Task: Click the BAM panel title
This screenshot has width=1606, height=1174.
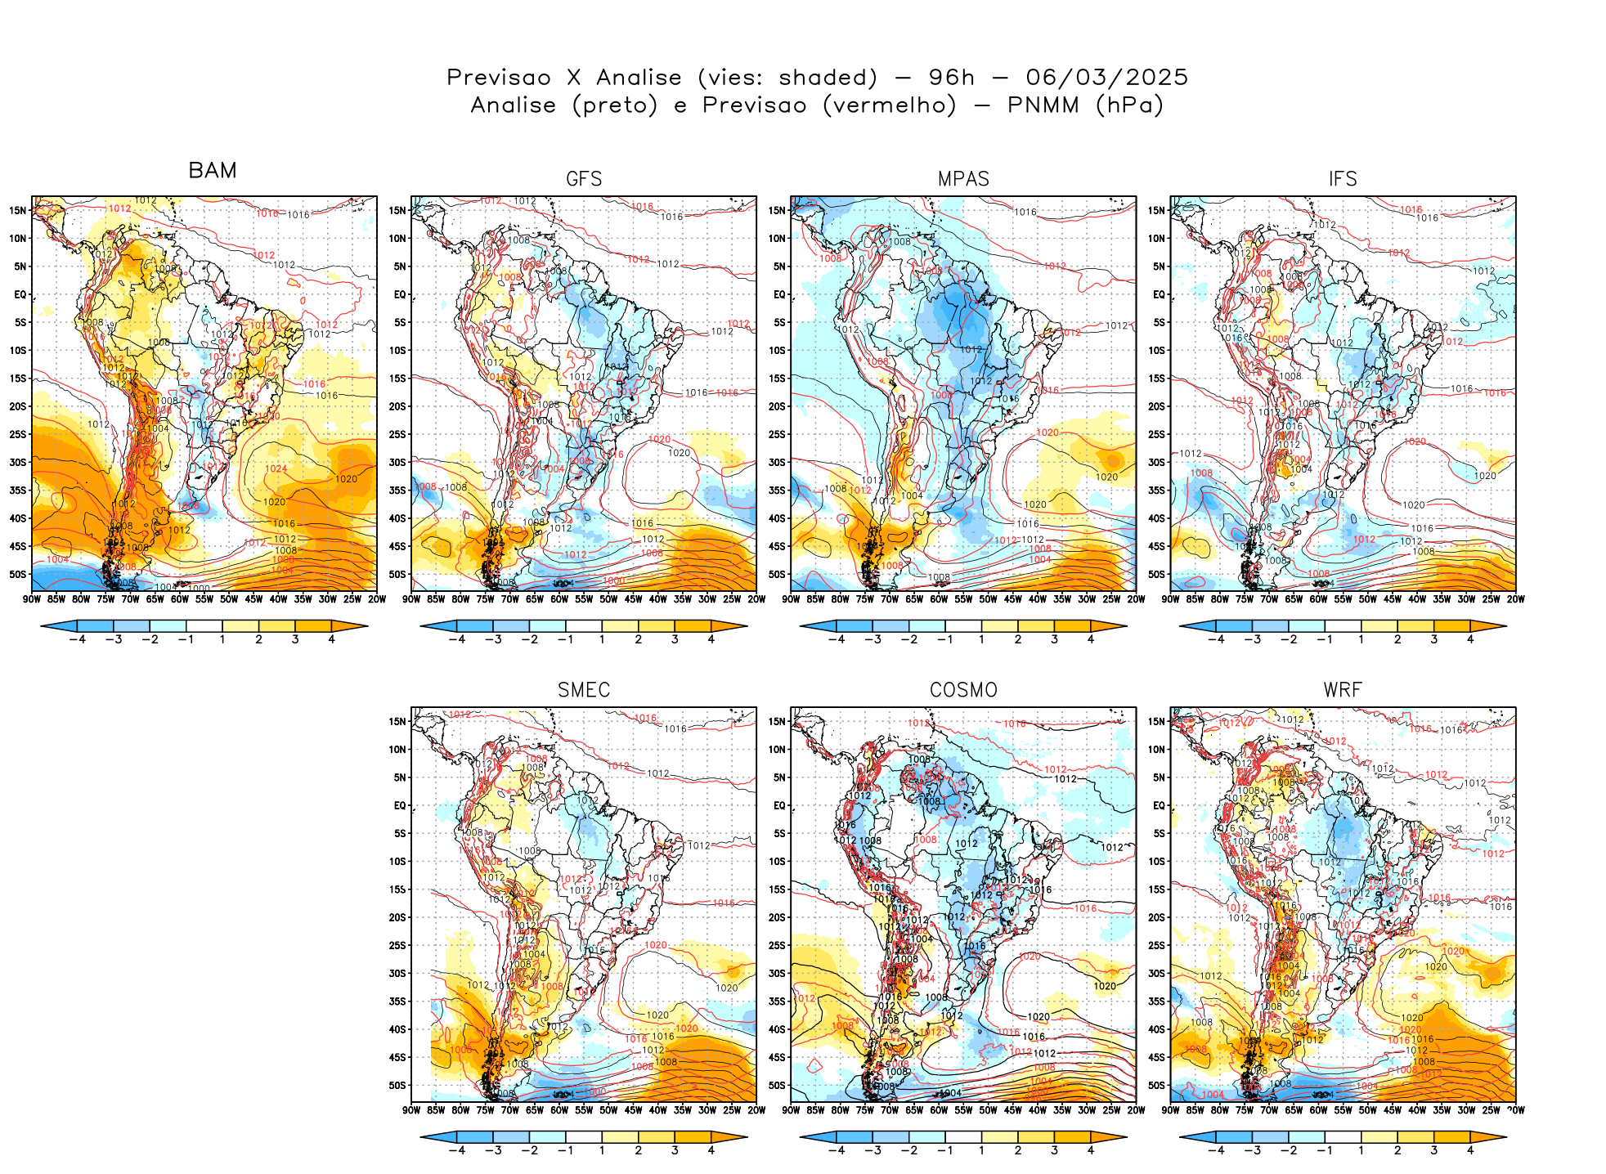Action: [x=213, y=170]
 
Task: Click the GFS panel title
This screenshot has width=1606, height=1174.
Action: [x=584, y=179]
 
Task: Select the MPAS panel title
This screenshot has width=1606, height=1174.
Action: [x=963, y=179]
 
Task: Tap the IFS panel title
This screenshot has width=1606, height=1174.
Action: [x=1343, y=179]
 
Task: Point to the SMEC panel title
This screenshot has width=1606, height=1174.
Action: [x=584, y=690]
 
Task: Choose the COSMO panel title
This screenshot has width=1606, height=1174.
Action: [x=963, y=690]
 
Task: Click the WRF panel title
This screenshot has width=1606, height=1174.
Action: [x=1343, y=690]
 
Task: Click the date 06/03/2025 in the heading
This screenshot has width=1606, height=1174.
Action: [x=1106, y=78]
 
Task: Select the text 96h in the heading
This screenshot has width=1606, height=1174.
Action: [x=952, y=78]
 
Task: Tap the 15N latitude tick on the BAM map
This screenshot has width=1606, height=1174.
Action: [x=18, y=210]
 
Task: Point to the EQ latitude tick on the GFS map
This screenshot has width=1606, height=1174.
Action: [x=400, y=294]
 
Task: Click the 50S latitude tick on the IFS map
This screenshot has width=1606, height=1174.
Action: [x=1156, y=574]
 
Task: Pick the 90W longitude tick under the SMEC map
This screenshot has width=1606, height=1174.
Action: [x=411, y=1110]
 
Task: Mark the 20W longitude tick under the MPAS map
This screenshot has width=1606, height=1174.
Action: [x=1136, y=599]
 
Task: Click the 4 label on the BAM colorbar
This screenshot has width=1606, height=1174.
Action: [x=331, y=640]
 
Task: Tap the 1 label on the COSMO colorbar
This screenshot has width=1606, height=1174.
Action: [x=981, y=1151]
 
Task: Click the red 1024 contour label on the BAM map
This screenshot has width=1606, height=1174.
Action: [x=276, y=469]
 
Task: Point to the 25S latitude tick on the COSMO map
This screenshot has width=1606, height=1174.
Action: [x=777, y=945]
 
